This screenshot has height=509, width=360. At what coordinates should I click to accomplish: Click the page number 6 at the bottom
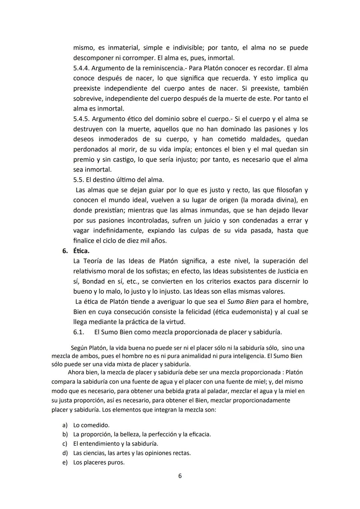180,476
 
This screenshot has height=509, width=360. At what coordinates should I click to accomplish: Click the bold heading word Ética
81,251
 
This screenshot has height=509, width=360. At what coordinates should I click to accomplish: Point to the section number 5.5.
78,180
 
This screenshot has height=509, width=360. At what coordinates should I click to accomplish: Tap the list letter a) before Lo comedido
65,425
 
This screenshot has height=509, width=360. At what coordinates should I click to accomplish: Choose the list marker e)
65,463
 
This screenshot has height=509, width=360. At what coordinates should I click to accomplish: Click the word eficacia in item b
199,435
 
